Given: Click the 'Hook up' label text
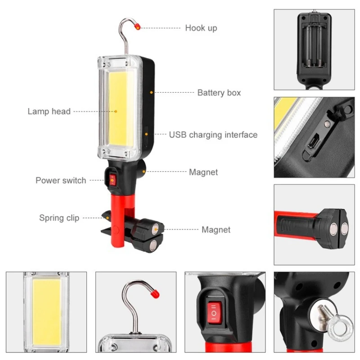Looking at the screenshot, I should [x=201, y=28].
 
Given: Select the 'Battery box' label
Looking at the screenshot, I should [x=219, y=93].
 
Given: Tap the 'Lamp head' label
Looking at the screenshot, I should [x=49, y=111].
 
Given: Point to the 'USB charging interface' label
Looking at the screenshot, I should [x=213, y=135].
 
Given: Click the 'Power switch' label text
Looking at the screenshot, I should [x=61, y=180].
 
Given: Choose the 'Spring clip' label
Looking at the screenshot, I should [x=59, y=218].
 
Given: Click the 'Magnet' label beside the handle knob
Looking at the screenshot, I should [x=203, y=172].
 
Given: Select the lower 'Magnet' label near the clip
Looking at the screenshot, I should [x=216, y=229].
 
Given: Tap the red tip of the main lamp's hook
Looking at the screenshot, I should [x=137, y=27].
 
